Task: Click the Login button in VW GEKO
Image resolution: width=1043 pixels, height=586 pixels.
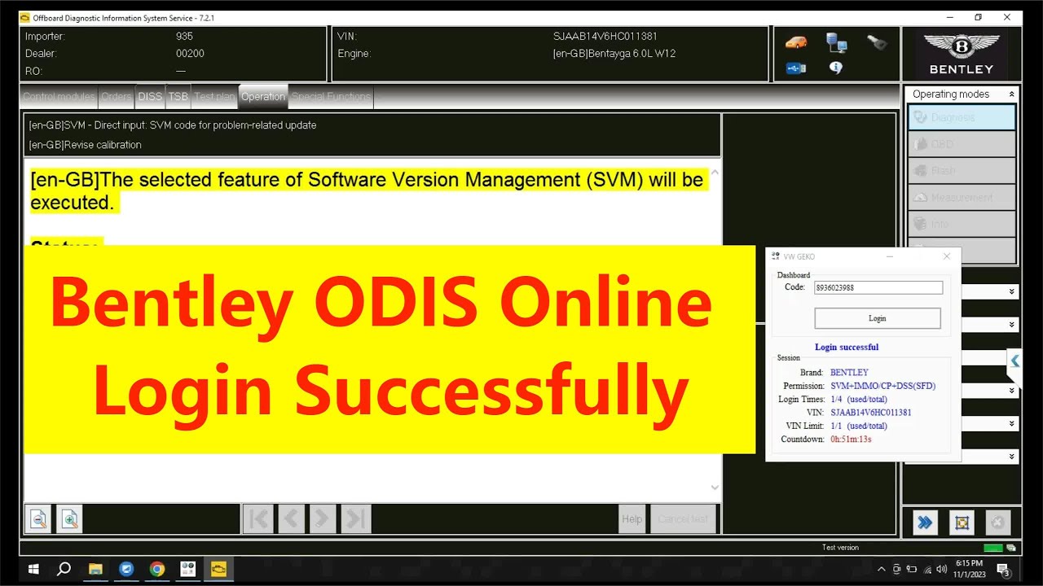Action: pyautogui.click(x=878, y=318)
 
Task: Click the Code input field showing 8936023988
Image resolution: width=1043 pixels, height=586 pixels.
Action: pyautogui.click(x=878, y=287)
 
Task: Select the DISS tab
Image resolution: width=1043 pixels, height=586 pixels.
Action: pyautogui.click(x=150, y=96)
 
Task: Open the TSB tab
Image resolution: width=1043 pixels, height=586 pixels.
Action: pyautogui.click(x=178, y=96)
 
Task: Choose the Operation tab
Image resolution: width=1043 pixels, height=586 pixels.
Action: pyautogui.click(x=262, y=96)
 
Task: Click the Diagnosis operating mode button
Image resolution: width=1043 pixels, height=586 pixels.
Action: pyautogui.click(x=962, y=117)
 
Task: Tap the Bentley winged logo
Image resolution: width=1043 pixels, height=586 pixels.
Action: pyautogui.click(x=962, y=46)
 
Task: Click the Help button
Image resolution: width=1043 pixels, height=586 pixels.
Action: pyautogui.click(x=632, y=519)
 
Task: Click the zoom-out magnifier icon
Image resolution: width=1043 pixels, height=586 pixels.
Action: pyautogui.click(x=37, y=519)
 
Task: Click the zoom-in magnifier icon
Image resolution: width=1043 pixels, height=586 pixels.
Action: pyautogui.click(x=69, y=519)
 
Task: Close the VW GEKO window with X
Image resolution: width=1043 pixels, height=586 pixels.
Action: pyautogui.click(x=946, y=256)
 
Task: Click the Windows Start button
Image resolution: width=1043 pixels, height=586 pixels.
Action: pyautogui.click(x=34, y=569)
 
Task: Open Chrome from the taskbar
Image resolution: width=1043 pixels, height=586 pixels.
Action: pyautogui.click(x=156, y=569)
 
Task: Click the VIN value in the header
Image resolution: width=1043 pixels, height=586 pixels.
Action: pyautogui.click(x=605, y=37)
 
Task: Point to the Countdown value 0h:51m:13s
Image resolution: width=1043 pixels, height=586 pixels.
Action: pyautogui.click(x=851, y=439)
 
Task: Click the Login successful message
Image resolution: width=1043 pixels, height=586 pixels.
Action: pyautogui.click(x=847, y=347)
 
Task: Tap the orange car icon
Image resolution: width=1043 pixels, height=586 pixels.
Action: pyautogui.click(x=795, y=42)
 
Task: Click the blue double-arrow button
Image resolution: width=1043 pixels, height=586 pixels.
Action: pyautogui.click(x=925, y=523)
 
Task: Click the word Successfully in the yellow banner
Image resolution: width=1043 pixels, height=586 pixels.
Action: pyautogui.click(x=491, y=391)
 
